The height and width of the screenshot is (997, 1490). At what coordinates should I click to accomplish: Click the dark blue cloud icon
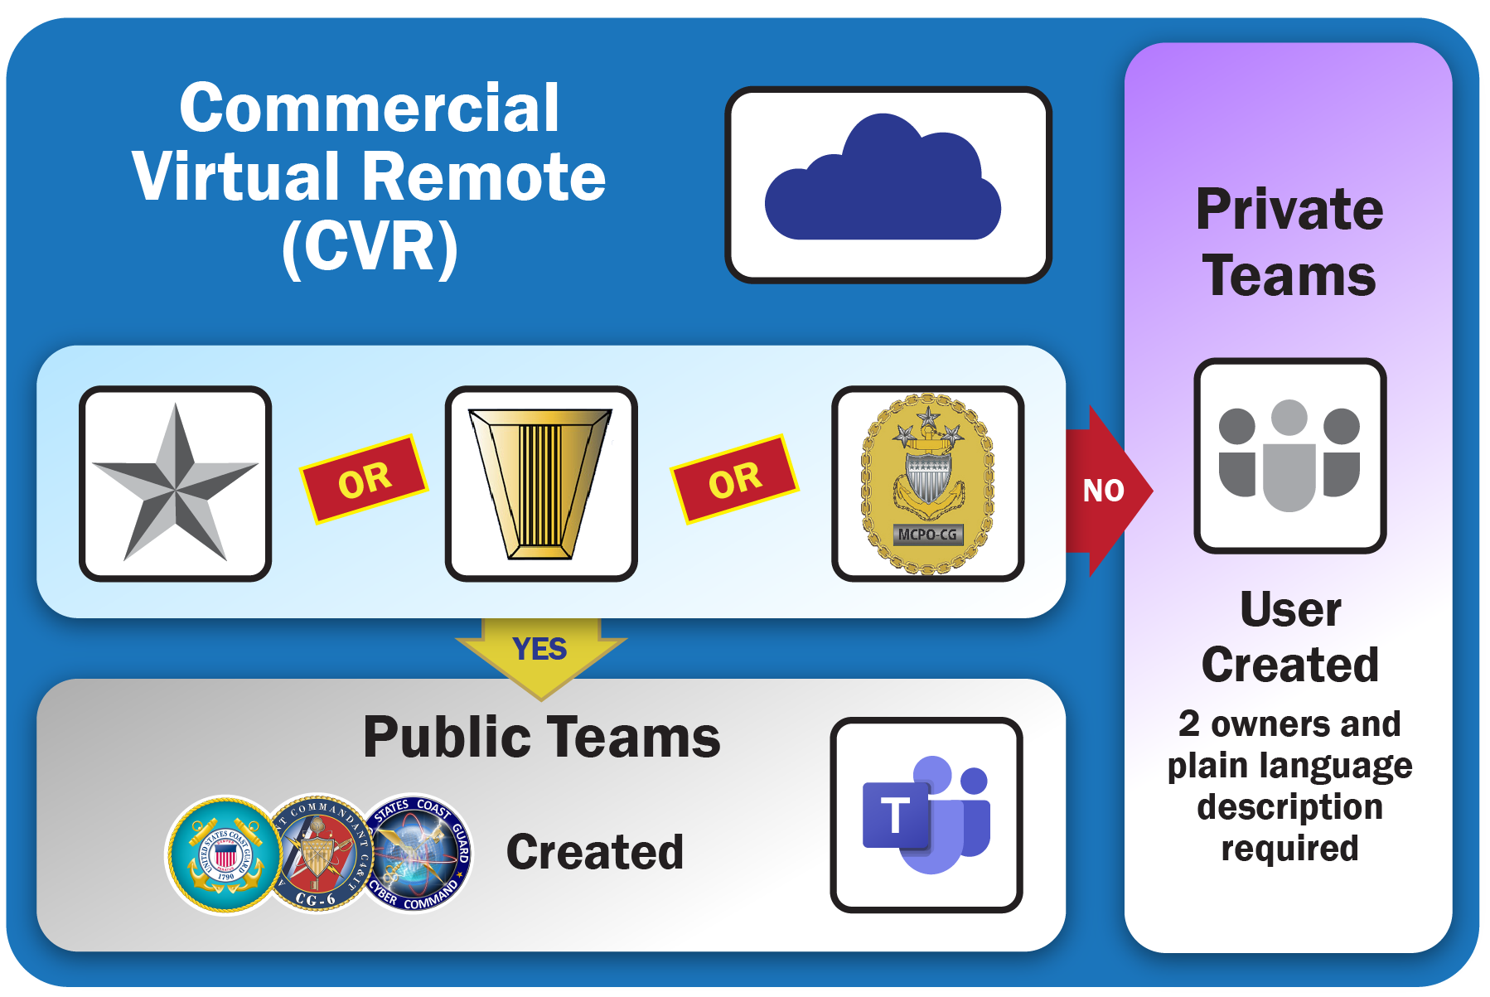coord(883,183)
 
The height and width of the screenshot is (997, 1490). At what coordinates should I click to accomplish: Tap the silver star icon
coord(175,484)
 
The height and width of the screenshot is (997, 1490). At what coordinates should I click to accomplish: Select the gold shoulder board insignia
coord(540,484)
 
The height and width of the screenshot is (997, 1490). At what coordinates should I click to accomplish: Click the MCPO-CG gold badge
coord(927,484)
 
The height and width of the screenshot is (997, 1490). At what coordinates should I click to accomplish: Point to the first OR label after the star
coord(364,479)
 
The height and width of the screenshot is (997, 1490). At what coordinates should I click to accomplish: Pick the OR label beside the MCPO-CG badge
coord(734,479)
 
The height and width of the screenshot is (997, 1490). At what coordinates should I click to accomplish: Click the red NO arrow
coord(1105,491)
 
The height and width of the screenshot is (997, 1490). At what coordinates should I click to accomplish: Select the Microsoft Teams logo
coord(926,816)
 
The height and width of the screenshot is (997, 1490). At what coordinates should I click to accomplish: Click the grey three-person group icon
coord(1289,455)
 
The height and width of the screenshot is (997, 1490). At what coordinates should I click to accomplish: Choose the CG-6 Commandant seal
coord(319,854)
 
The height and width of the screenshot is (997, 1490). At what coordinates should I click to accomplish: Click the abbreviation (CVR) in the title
coord(370,246)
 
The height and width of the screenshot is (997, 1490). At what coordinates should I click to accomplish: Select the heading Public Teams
coord(542,737)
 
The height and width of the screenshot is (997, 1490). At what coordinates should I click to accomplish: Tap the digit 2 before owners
coord(1188,724)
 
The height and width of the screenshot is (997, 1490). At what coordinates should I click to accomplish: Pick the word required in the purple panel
coord(1289,849)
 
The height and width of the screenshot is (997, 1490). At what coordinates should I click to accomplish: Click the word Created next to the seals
coord(595,852)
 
